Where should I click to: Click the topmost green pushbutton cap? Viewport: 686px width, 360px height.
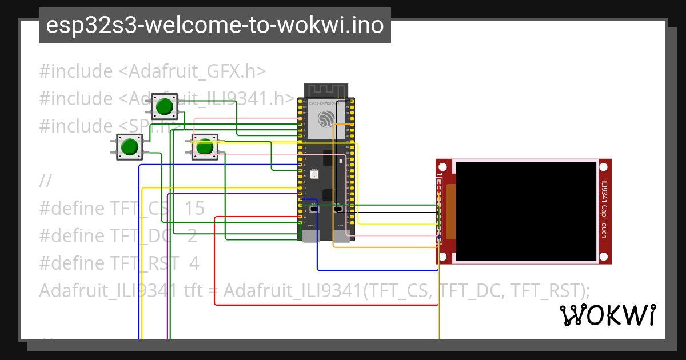[165, 107]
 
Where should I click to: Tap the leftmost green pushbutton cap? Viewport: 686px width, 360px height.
[130, 147]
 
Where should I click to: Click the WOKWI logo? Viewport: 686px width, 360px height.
[607, 315]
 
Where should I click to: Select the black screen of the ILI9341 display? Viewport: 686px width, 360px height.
[526, 211]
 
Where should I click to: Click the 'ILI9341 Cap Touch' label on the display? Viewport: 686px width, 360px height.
[604, 209]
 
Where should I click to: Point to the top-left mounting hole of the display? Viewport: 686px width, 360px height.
[446, 167]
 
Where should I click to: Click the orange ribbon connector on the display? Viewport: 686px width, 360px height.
[450, 211]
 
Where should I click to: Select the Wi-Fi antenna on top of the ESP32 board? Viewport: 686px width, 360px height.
[326, 90]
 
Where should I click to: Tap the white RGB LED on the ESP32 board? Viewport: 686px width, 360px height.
[314, 171]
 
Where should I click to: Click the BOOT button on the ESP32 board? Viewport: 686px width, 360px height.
[313, 209]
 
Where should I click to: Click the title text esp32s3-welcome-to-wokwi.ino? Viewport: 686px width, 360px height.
[214, 26]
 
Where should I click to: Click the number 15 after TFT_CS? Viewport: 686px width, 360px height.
[194, 209]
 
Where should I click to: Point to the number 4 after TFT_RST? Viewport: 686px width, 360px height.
[194, 263]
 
